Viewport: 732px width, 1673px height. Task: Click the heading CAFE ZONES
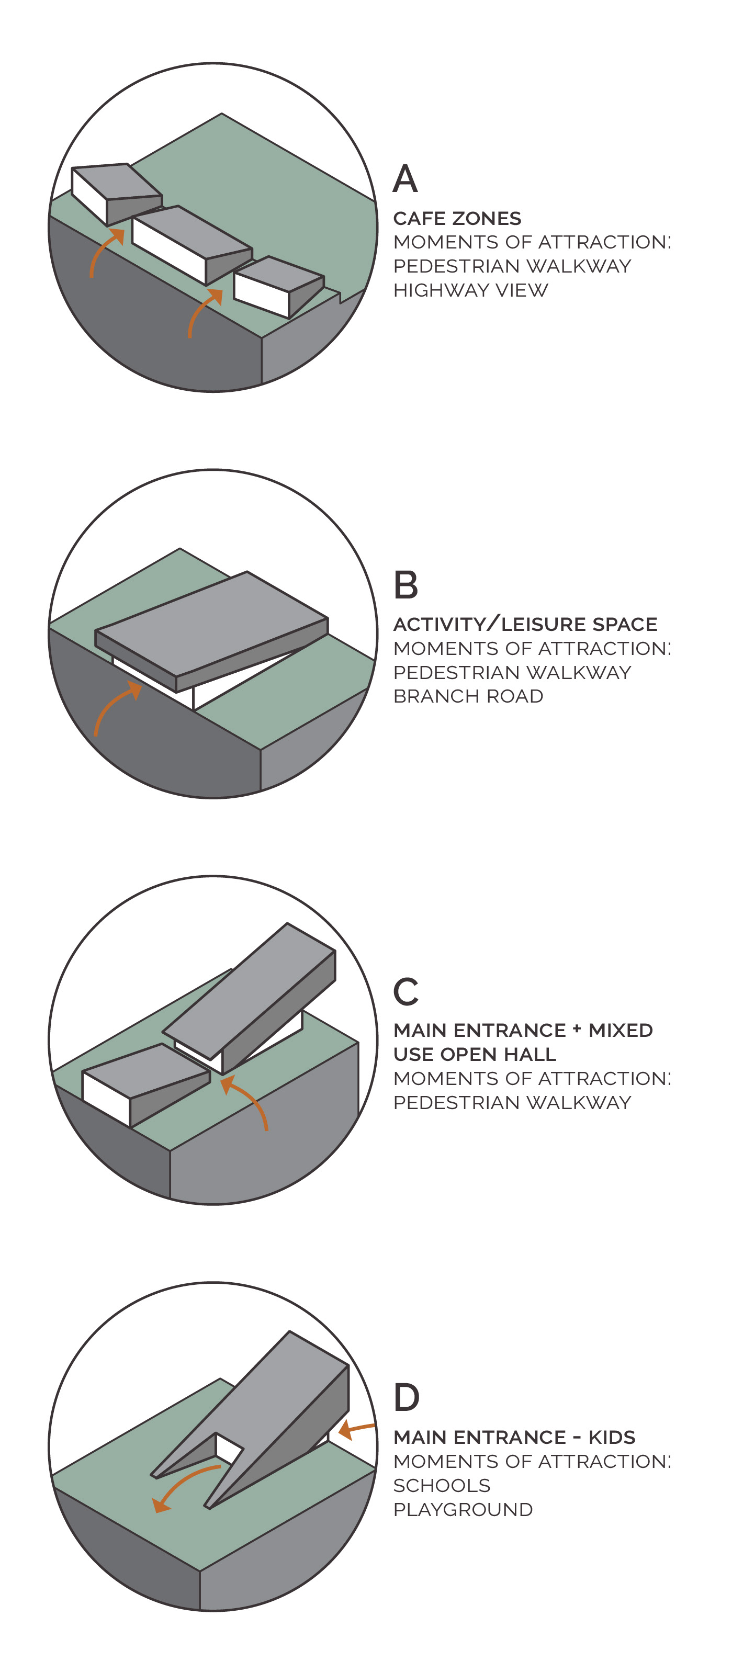tap(457, 218)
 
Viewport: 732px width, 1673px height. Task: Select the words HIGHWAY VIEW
tap(471, 290)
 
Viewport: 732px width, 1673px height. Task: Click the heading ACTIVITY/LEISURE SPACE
tap(525, 624)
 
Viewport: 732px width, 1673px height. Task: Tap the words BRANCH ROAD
tap(468, 696)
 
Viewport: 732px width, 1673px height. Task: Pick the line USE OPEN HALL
tap(475, 1054)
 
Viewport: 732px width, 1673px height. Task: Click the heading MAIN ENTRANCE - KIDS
tap(514, 1437)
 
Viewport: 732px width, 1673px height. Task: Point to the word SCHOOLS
tap(442, 1485)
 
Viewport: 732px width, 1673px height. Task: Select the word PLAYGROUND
tap(463, 1509)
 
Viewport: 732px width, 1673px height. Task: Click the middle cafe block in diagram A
tap(192, 244)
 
